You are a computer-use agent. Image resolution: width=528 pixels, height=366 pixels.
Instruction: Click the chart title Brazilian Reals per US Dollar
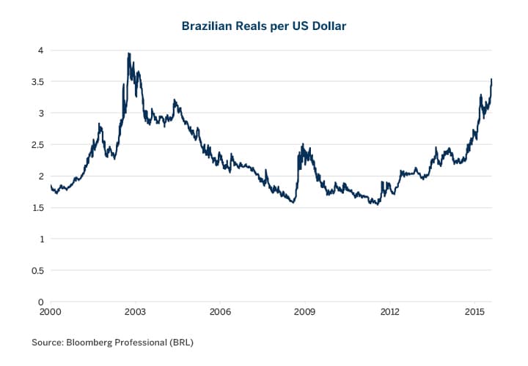263,26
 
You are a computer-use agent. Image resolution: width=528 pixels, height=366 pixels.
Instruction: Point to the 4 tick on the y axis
41,51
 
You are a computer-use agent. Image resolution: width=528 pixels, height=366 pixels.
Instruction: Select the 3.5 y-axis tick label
37,82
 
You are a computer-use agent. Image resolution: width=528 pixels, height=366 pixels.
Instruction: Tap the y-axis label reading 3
41,113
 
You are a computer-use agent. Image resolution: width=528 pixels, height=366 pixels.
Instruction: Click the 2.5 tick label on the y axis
37,145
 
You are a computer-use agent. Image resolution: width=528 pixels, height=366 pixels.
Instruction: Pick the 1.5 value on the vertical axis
37,208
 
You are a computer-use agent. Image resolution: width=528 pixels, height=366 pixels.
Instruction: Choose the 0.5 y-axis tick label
37,271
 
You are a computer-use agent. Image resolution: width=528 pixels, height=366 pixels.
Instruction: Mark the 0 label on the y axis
41,302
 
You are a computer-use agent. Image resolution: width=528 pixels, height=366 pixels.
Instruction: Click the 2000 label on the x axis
50,312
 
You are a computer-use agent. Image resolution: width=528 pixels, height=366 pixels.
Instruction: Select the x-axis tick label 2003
135,312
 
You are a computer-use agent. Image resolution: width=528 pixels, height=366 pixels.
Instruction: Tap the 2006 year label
220,312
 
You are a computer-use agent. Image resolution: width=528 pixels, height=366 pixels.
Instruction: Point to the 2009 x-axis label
305,312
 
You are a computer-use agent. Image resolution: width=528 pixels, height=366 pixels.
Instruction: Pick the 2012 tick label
390,312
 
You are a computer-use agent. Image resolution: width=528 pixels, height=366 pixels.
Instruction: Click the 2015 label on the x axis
474,312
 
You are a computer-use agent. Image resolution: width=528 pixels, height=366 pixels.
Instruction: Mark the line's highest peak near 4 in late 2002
129,53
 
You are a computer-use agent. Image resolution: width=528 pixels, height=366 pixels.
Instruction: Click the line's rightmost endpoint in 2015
491,79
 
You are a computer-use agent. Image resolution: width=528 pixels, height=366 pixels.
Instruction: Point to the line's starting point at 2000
51,187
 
